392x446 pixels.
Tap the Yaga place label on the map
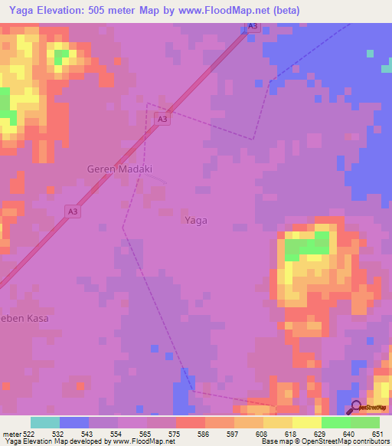pyautogui.click(x=196, y=220)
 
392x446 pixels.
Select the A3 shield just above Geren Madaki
pyautogui.click(x=161, y=119)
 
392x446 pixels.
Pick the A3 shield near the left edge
pyautogui.click(x=72, y=212)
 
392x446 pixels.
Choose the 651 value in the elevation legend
pyautogui.click(x=379, y=433)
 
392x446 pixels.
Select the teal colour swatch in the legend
pyautogui.click(x=44, y=422)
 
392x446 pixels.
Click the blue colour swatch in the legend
pyautogui.click(x=73, y=422)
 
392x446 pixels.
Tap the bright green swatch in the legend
pyautogui.click(x=335, y=422)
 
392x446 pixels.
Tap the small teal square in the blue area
pyautogui.click(x=370, y=54)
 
